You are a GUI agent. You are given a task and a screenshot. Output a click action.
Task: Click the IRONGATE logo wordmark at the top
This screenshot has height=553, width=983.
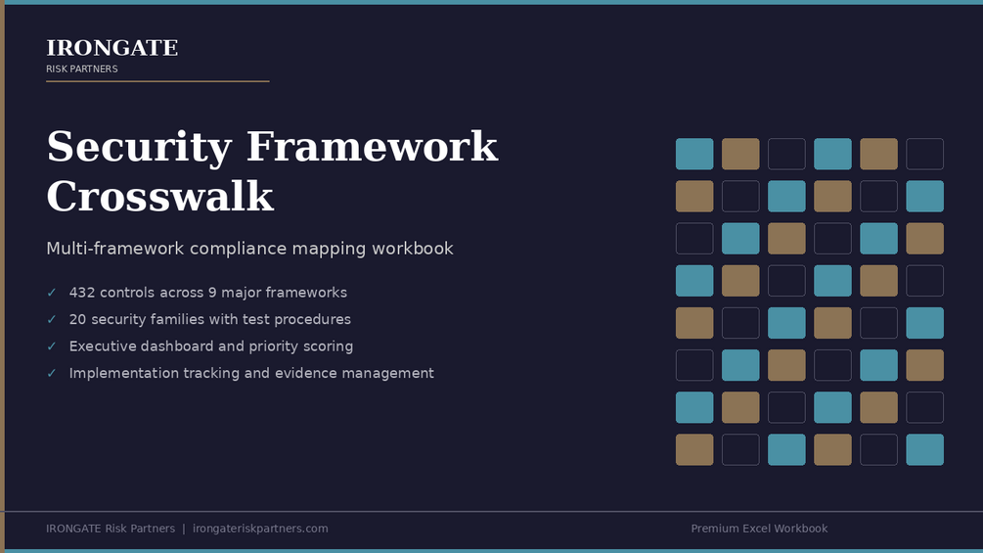[x=112, y=48]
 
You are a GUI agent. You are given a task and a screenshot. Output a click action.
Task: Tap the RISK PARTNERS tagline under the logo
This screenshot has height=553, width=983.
[x=82, y=69]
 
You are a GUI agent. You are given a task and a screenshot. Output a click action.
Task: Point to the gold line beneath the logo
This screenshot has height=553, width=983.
[x=158, y=81]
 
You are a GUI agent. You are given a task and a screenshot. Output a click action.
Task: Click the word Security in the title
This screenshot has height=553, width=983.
[x=139, y=148]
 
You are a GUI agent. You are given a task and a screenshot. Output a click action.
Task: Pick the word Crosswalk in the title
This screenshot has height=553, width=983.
[x=160, y=197]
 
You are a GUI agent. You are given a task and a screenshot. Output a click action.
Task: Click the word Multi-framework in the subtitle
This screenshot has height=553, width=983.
[x=115, y=249]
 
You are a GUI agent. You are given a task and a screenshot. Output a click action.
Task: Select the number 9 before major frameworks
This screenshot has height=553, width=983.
[x=212, y=293]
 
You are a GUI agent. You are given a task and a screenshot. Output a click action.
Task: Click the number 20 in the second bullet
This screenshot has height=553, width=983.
[x=77, y=320]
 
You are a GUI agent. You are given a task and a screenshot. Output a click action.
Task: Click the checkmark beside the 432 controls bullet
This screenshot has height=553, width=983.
[x=52, y=293]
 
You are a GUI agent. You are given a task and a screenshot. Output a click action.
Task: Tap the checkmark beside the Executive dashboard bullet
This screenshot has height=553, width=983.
[x=52, y=346]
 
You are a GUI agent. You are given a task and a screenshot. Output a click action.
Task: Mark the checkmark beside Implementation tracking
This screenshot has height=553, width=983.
[x=52, y=374]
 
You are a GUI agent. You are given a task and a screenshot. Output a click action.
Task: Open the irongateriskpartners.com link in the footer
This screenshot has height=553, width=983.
[x=260, y=529]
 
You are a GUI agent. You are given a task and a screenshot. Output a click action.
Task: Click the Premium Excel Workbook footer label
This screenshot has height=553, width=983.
[x=759, y=529]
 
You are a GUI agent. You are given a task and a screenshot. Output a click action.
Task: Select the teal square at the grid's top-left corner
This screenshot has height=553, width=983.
[x=694, y=155]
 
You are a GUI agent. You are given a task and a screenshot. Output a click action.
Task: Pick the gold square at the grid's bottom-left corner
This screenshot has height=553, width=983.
[x=694, y=450]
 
